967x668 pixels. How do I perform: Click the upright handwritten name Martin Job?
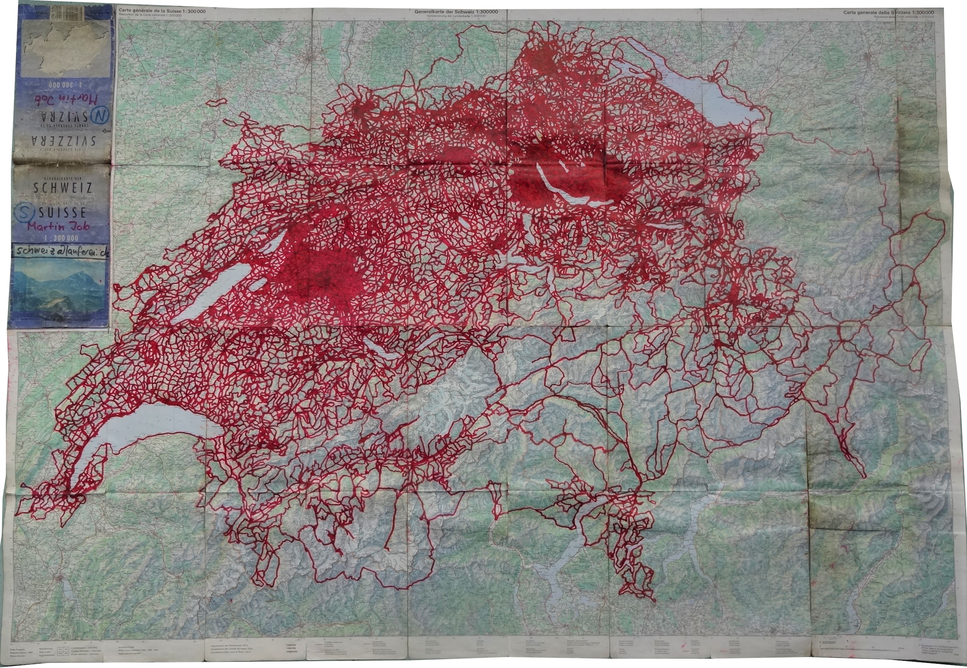pos(61,226)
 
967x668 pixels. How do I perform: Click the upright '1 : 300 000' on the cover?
pos(63,238)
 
